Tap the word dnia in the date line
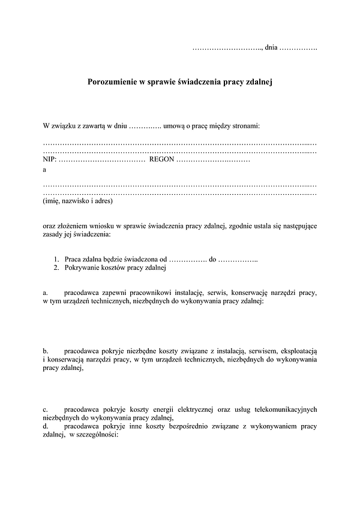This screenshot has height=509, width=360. (271, 47)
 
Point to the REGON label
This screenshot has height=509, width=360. (161, 159)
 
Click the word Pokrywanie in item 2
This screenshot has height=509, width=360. (83, 268)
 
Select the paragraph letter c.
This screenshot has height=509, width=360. (46, 409)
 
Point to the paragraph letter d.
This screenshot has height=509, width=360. (46, 426)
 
